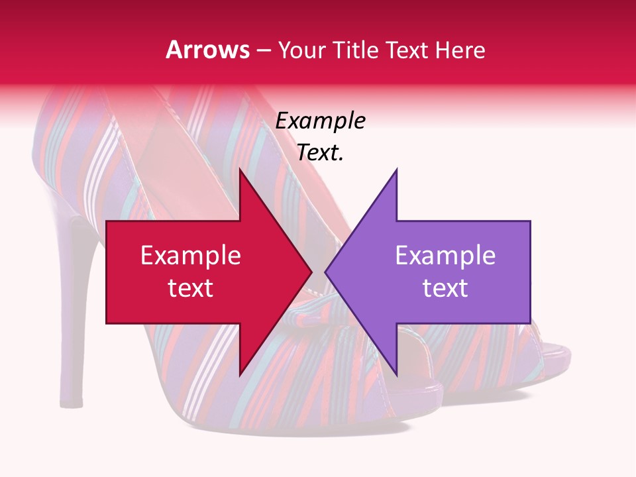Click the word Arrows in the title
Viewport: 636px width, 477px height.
point(207,50)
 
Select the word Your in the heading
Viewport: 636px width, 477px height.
point(301,50)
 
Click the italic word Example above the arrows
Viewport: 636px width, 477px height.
point(320,121)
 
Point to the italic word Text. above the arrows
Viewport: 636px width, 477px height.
point(320,153)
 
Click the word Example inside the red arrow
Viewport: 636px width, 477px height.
point(191,256)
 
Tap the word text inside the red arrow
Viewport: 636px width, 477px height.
point(191,288)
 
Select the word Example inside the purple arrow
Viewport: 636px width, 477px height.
point(445,256)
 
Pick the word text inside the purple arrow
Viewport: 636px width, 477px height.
point(445,288)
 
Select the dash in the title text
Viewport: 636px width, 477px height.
point(264,50)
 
